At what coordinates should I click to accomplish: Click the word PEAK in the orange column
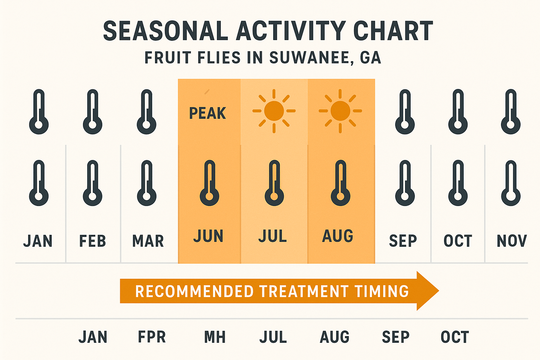207,113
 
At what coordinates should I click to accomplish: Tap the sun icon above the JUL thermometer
274,111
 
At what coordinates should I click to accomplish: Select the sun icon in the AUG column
340,111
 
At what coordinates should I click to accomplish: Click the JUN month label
208,236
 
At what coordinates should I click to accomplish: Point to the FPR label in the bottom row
152,337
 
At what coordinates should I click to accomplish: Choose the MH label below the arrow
215,337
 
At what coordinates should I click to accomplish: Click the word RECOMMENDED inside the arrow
194,291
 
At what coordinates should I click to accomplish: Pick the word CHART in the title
393,31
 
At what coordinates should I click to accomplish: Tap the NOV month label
512,241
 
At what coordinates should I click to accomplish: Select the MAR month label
148,241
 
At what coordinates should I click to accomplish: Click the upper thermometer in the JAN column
39,111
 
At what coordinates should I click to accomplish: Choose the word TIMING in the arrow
382,291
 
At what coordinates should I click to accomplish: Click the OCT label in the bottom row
455,337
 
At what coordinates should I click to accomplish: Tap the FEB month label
92,241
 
